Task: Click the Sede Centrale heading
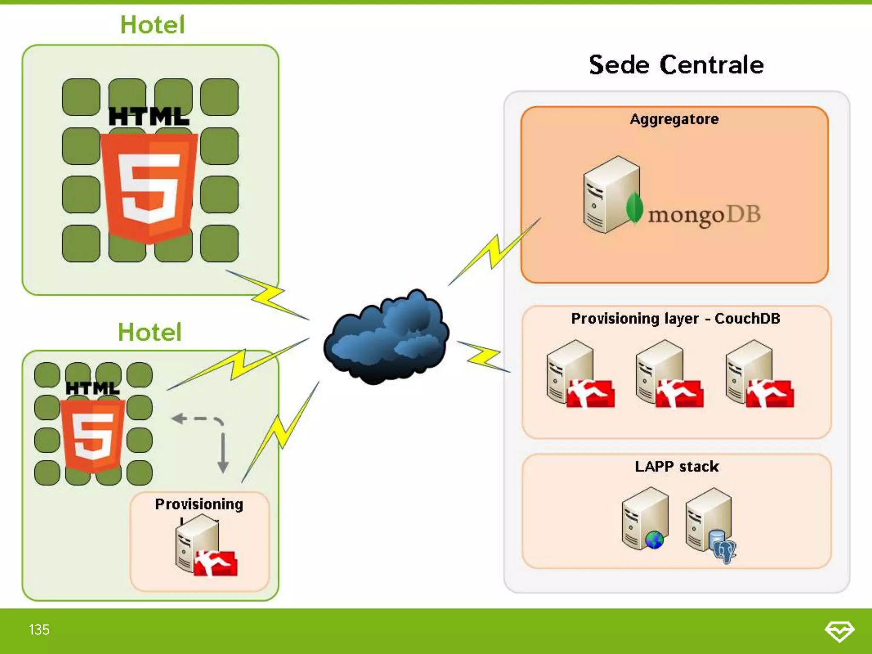(x=676, y=65)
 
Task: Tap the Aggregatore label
(x=674, y=119)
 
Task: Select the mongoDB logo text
(x=704, y=215)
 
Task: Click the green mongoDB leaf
(x=634, y=208)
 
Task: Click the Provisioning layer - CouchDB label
(x=675, y=318)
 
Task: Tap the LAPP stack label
(x=677, y=467)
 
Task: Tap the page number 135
(x=39, y=630)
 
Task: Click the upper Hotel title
(x=152, y=25)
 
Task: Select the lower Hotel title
(x=149, y=332)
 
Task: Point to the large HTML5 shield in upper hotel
(x=149, y=187)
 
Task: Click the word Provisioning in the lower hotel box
(x=199, y=504)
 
